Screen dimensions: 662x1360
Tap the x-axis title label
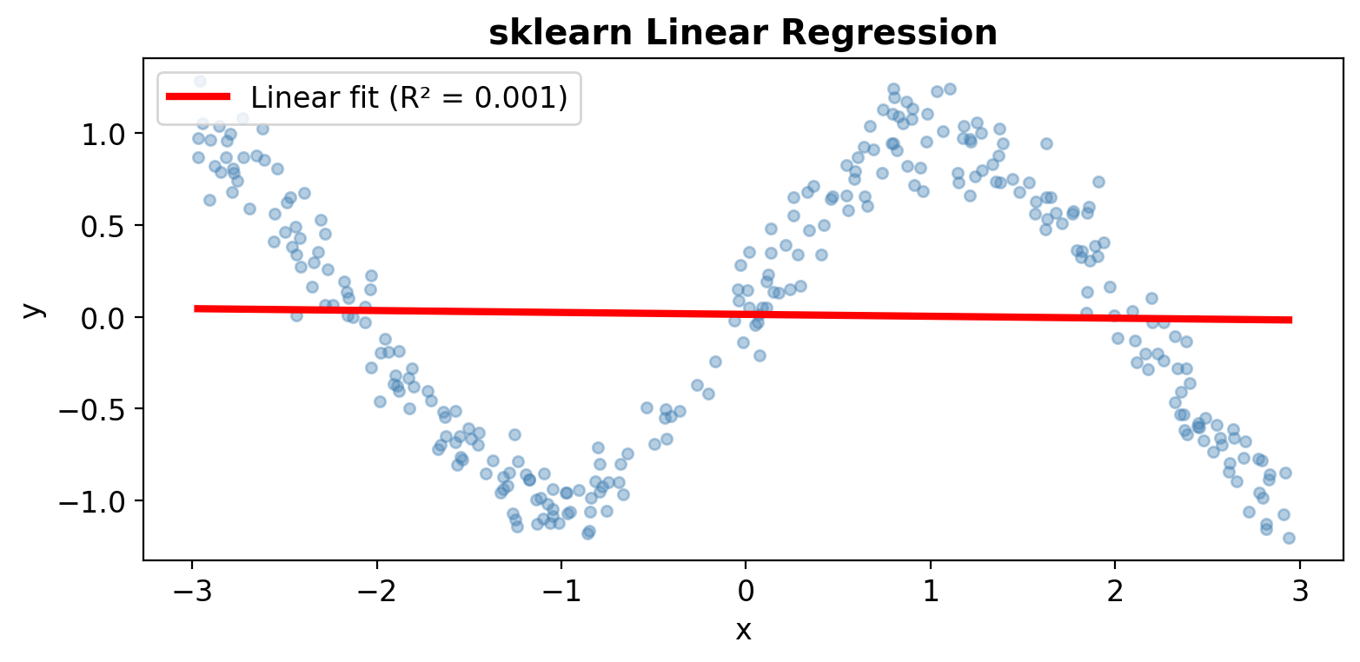click(x=743, y=630)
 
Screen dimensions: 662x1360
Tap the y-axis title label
click(x=32, y=309)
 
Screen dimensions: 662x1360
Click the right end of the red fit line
click(x=1290, y=320)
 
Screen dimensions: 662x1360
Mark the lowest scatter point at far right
click(x=1289, y=538)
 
